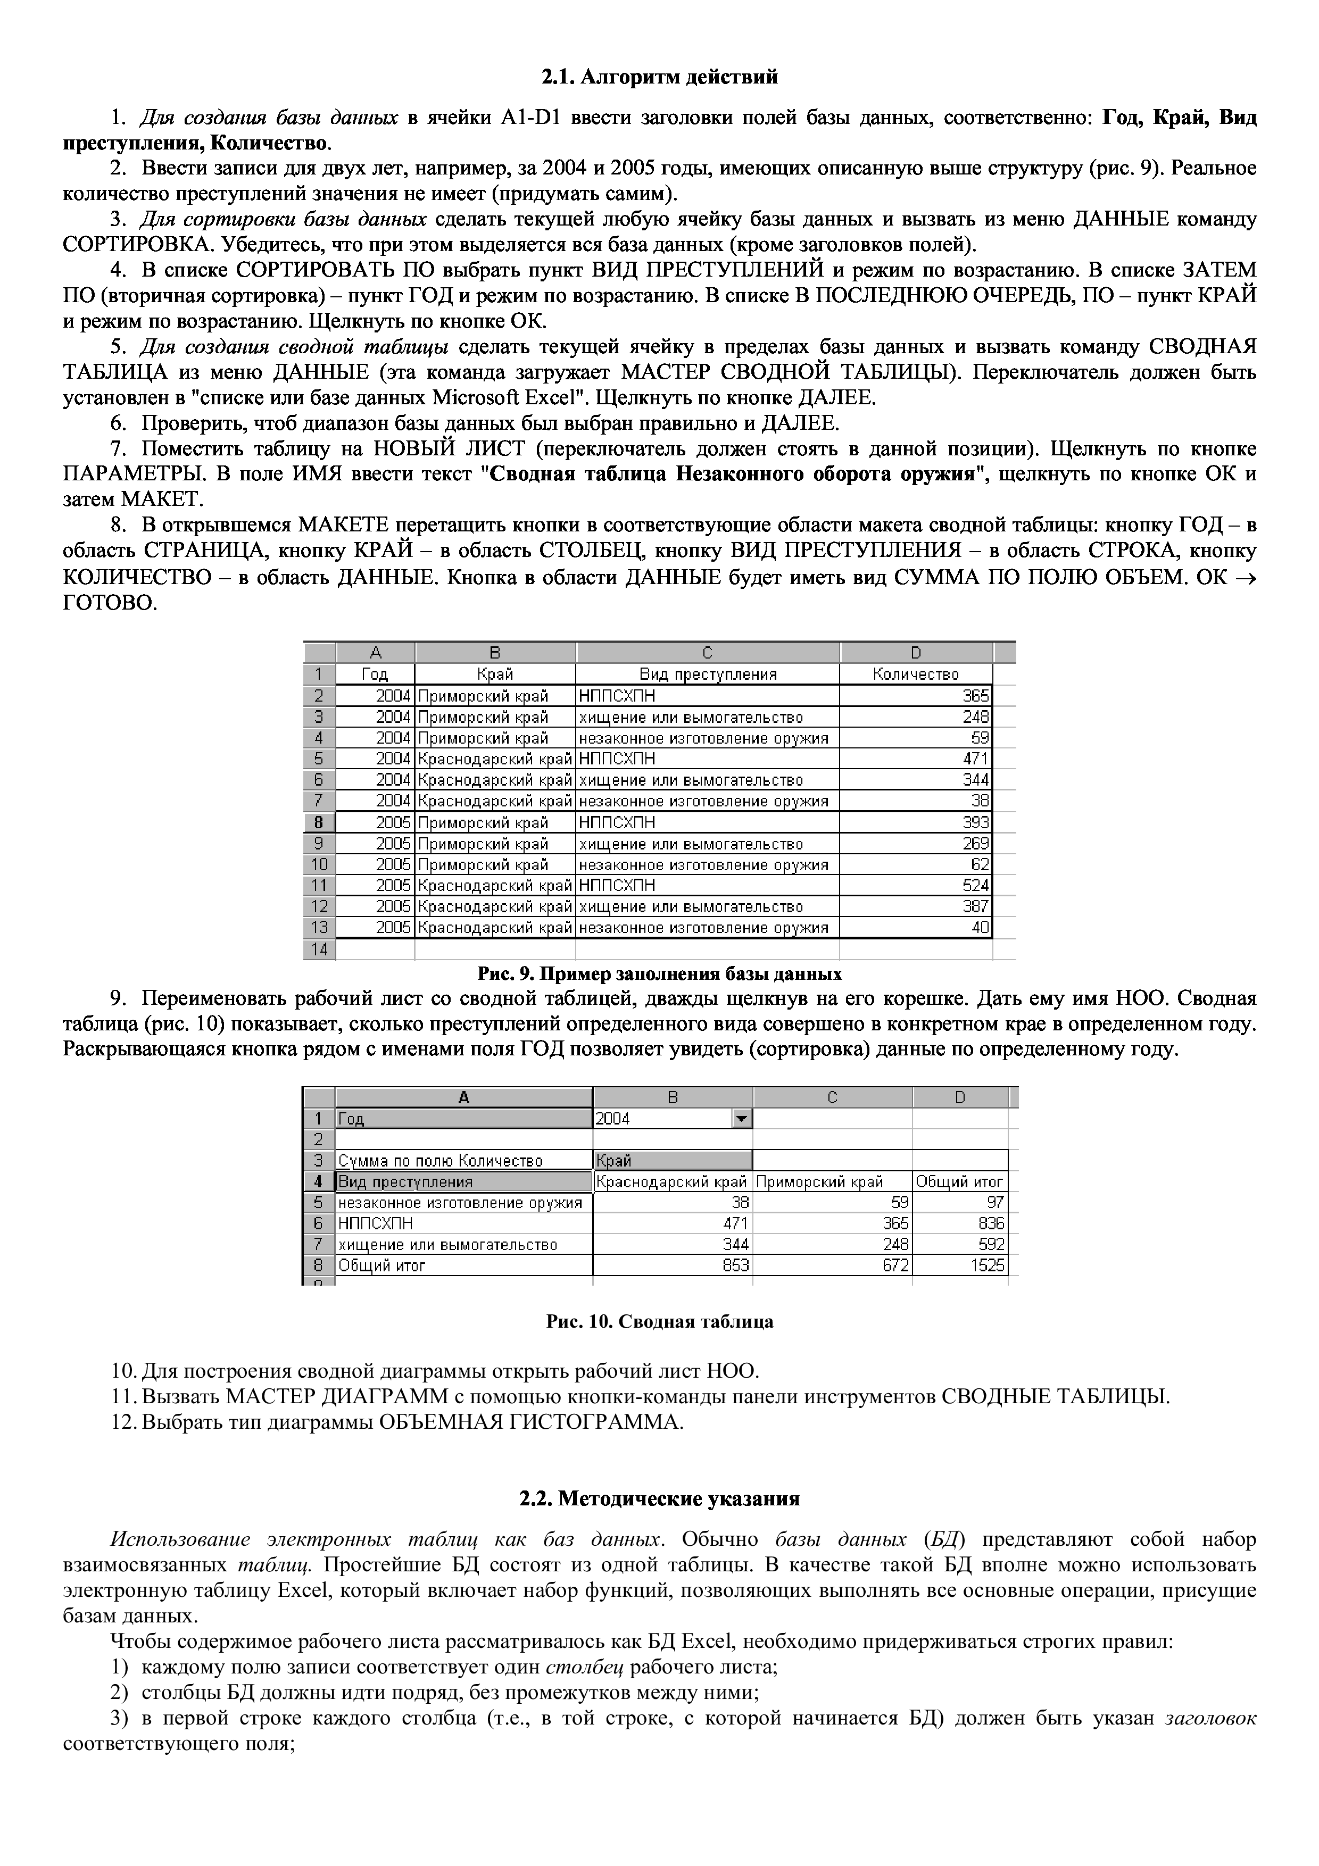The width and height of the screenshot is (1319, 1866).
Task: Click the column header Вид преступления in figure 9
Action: [x=707, y=674]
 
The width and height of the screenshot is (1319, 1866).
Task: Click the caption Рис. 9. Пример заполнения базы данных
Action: [x=659, y=973]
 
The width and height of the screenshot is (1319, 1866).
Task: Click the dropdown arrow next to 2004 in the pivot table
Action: [x=741, y=1119]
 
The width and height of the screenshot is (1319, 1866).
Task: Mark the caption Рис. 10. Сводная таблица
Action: [x=659, y=1322]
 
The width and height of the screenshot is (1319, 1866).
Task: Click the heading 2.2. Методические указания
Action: [x=659, y=1498]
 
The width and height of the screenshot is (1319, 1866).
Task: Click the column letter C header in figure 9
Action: [x=707, y=653]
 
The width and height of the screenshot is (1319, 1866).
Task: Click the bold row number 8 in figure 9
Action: [x=319, y=822]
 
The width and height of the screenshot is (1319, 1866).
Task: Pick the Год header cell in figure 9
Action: [x=375, y=674]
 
